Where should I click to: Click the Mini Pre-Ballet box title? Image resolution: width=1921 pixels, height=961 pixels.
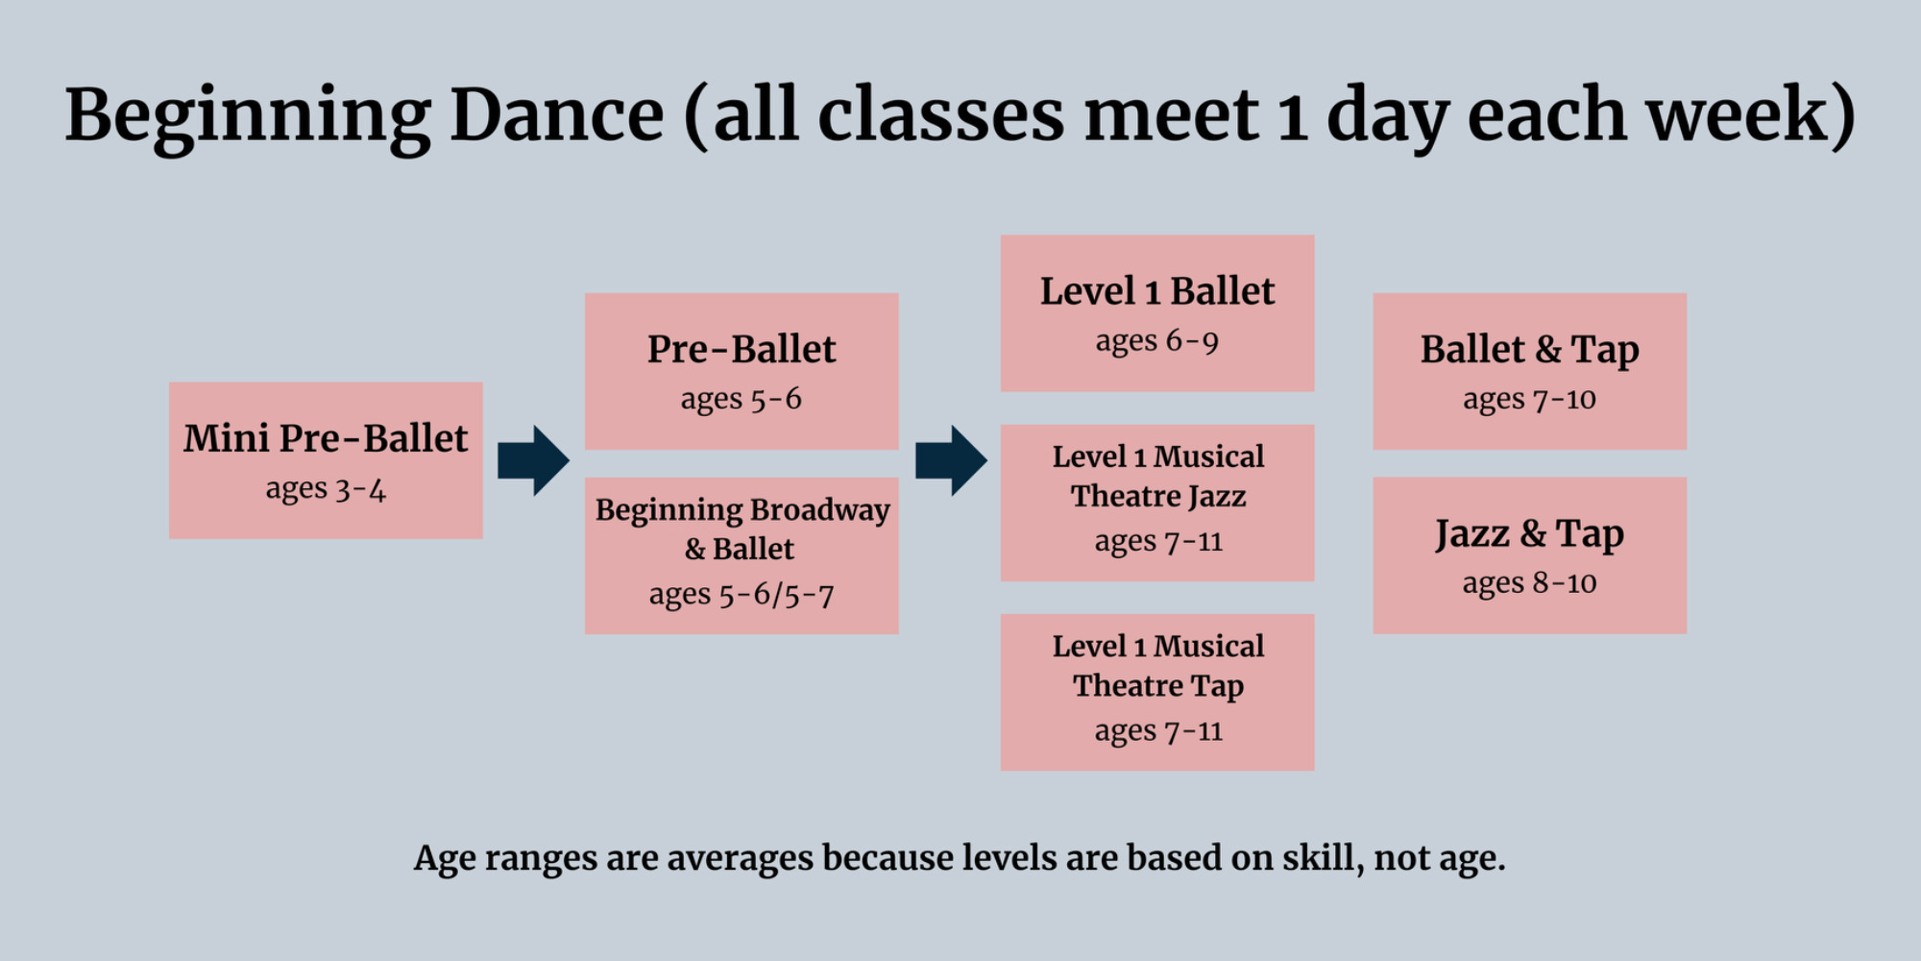click(x=326, y=438)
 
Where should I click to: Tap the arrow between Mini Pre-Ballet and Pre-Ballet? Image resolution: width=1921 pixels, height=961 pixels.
click(x=533, y=461)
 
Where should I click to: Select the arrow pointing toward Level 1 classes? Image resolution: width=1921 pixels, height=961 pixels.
click(x=951, y=461)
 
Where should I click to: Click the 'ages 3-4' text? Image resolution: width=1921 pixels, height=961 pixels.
click(x=326, y=489)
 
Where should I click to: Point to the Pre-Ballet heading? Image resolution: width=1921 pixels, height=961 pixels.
click(x=742, y=349)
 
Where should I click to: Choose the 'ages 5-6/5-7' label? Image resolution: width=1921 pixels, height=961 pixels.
click(x=742, y=595)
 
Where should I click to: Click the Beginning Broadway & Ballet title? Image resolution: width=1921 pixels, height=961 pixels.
click(x=742, y=529)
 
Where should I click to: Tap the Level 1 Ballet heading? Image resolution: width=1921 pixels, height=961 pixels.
click(x=1157, y=291)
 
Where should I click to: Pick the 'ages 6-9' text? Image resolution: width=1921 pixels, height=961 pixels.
click(x=1157, y=341)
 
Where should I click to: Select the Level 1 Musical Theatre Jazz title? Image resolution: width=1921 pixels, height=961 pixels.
click(x=1158, y=476)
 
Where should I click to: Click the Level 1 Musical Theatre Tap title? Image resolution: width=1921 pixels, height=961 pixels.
click(x=1158, y=665)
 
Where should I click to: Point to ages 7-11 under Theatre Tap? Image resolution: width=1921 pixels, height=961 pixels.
click(x=1158, y=731)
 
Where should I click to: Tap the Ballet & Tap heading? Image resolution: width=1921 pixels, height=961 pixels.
click(x=1530, y=350)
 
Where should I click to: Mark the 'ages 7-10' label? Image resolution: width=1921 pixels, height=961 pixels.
click(x=1530, y=399)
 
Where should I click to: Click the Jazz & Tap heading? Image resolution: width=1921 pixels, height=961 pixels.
click(x=1530, y=533)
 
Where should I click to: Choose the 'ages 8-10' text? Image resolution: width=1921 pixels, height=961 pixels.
click(x=1530, y=583)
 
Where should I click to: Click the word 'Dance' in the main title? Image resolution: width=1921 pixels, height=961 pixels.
click(x=557, y=114)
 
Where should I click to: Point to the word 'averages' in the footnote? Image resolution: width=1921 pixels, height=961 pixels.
click(x=741, y=858)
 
